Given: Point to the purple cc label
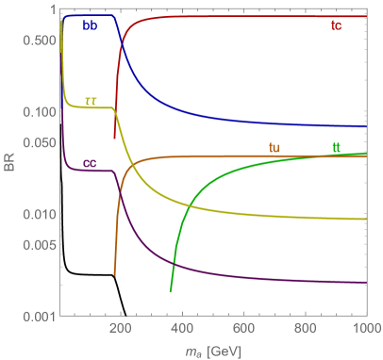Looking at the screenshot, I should tap(91, 163).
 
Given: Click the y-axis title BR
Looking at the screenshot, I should tap(9, 166).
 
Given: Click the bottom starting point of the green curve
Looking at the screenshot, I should tap(171, 292).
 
